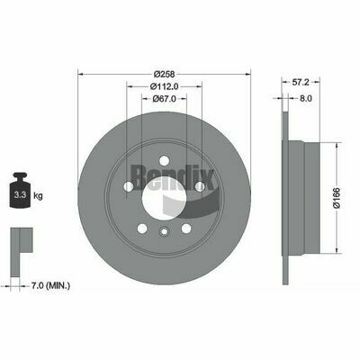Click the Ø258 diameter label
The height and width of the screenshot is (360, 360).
[x=163, y=73]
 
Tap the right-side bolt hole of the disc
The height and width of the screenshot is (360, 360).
[x=201, y=186]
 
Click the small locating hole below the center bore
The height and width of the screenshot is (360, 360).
[x=163, y=232]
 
